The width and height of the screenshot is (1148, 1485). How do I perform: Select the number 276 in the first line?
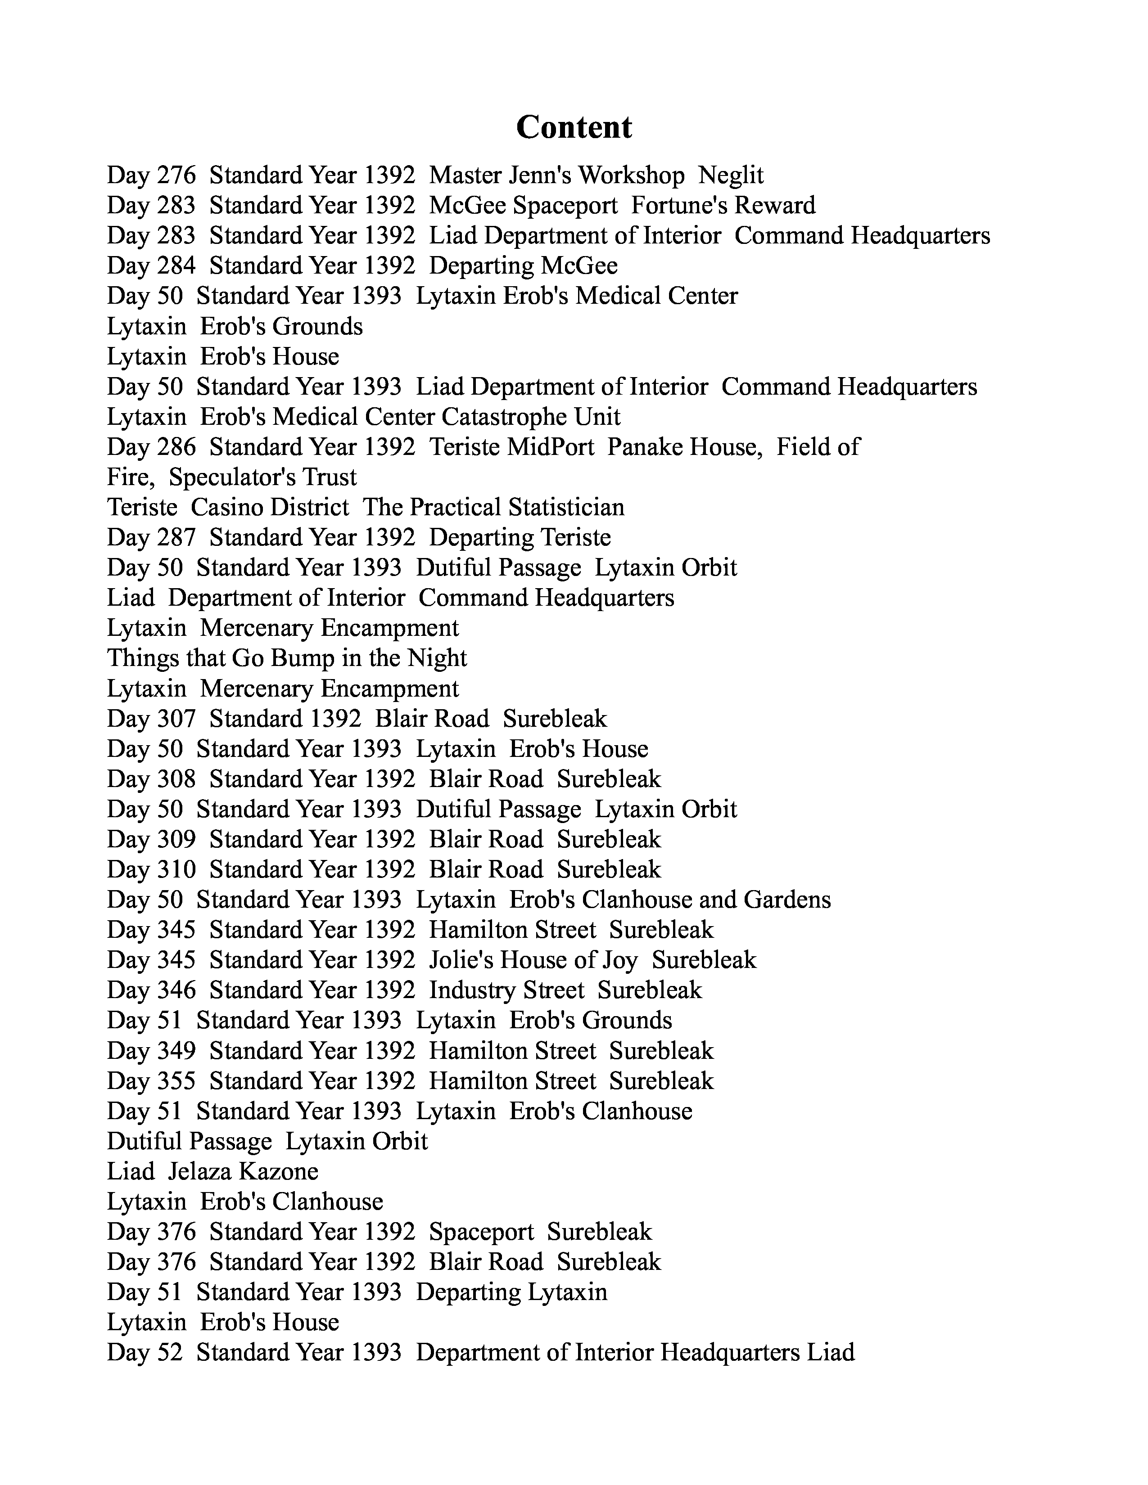point(176,175)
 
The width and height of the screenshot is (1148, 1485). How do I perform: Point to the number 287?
point(176,537)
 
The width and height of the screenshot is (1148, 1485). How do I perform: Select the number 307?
point(176,719)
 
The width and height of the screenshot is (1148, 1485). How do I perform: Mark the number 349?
point(176,1050)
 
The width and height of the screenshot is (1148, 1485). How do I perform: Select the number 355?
point(176,1080)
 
